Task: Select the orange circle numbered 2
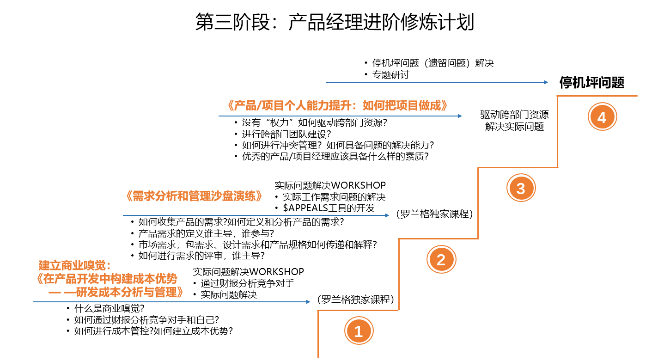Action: (x=441, y=260)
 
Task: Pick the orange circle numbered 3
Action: (x=521, y=189)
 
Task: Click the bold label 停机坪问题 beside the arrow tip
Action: (x=592, y=83)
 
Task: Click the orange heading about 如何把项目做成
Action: (x=338, y=105)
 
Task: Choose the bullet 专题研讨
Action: (x=391, y=74)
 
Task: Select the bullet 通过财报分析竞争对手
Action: (x=247, y=283)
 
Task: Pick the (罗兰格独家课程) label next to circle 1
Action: (x=355, y=300)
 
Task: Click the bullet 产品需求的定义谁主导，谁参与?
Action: (x=206, y=233)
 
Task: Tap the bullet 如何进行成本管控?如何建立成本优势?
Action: (x=153, y=331)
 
